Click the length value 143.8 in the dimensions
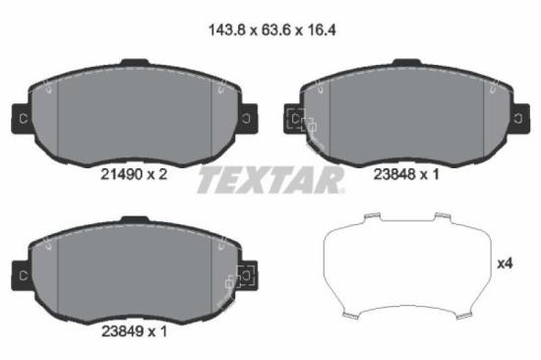221,30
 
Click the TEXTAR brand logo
270,180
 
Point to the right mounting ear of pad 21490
248,119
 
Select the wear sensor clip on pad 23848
300,124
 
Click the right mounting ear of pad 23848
519,119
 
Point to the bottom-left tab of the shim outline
349,315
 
